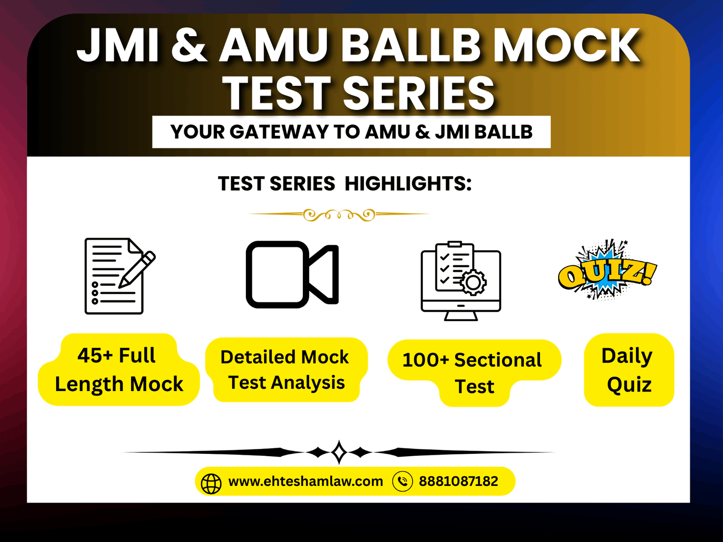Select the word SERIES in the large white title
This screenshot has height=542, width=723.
pyautogui.click(x=418, y=93)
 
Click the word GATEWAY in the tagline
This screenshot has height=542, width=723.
pyautogui.click(x=279, y=131)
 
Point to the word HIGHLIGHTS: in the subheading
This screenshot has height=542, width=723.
pyautogui.click(x=408, y=183)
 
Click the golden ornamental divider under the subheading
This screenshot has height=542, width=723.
pyautogui.click(x=339, y=215)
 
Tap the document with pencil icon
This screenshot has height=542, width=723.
pyautogui.click(x=120, y=276)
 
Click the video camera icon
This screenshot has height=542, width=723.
pyautogui.click(x=292, y=275)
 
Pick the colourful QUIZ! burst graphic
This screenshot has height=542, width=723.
pyautogui.click(x=607, y=270)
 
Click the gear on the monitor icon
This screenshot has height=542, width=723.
pyautogui.click(x=473, y=282)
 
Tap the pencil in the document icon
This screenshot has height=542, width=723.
pyautogui.click(x=137, y=270)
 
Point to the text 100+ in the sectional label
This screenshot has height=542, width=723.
pyautogui.click(x=426, y=360)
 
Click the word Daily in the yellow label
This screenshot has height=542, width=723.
pyautogui.click(x=627, y=356)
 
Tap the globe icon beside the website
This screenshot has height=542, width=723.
pyautogui.click(x=211, y=484)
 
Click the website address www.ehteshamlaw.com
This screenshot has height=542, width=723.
pyautogui.click(x=305, y=481)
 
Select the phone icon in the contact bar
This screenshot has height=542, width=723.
pyautogui.click(x=403, y=481)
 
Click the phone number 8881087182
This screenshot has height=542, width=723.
pyautogui.click(x=459, y=481)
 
